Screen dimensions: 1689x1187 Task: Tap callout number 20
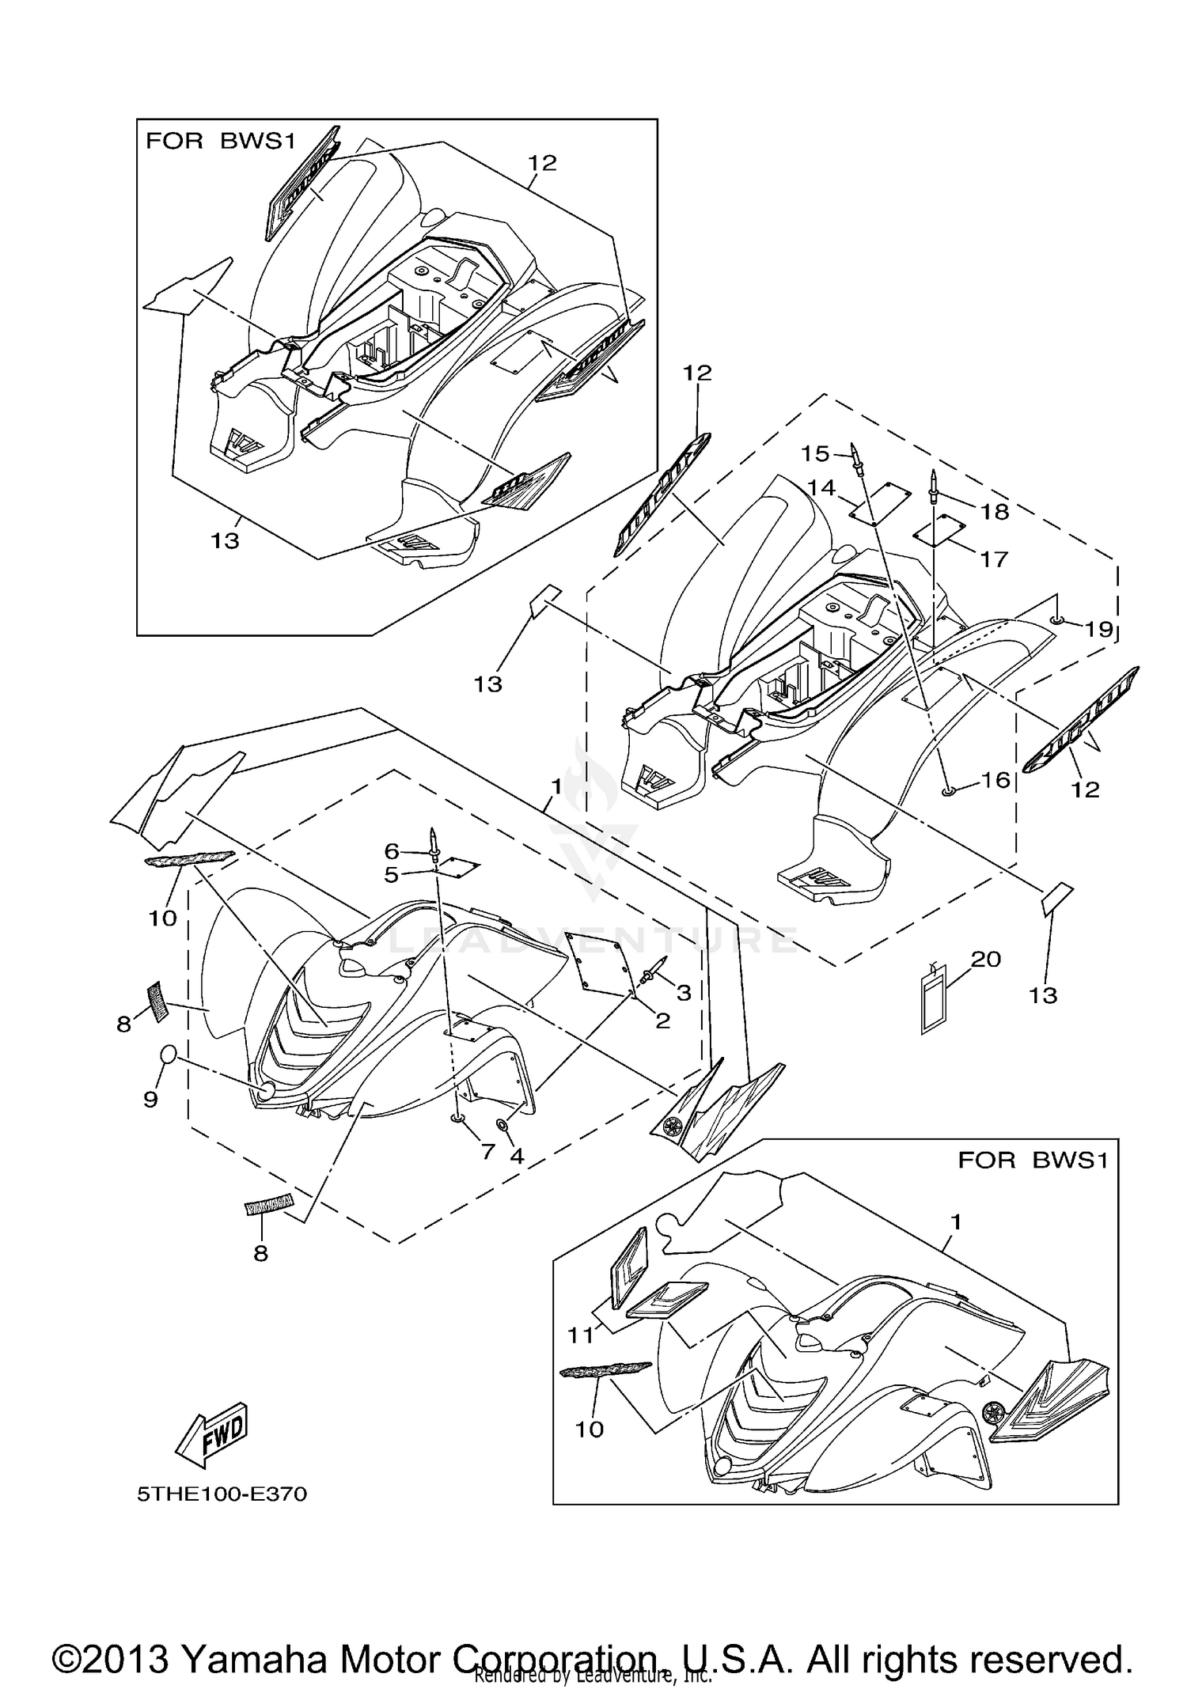pos(986,959)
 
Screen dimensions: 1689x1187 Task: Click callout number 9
pos(150,1099)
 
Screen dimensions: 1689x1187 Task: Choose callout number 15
pos(815,453)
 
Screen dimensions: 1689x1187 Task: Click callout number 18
pos(995,511)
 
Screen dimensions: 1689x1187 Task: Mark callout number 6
pos(392,850)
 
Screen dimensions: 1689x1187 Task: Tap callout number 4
pos(517,1156)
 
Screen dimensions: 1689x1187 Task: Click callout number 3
pos(684,992)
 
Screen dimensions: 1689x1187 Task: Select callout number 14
pos(822,487)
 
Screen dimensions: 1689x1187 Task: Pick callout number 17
pos(994,559)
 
